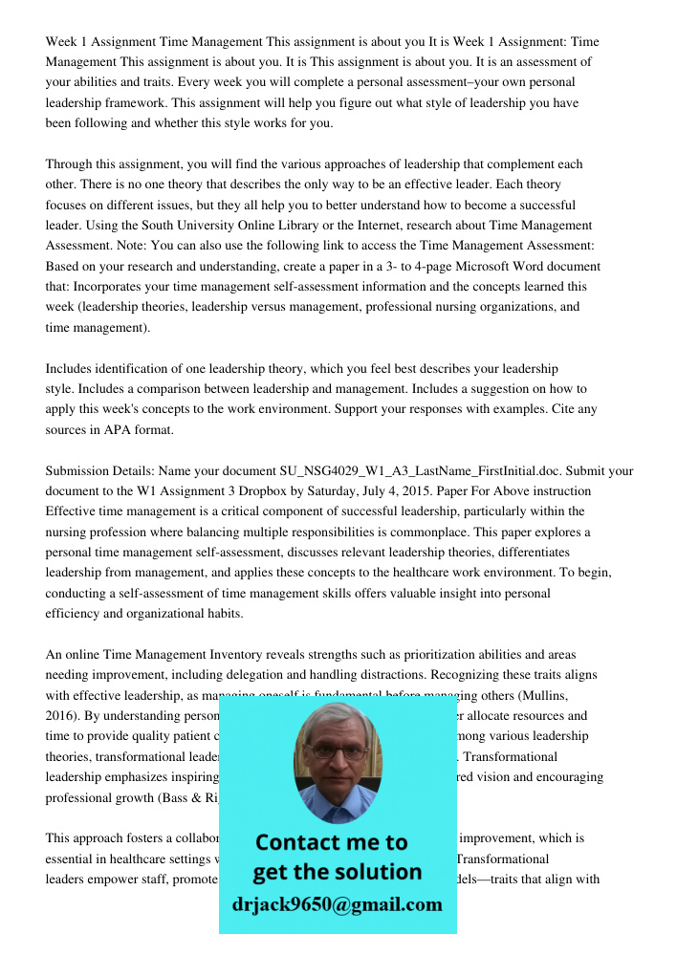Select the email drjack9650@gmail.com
pyautogui.click(x=337, y=904)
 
